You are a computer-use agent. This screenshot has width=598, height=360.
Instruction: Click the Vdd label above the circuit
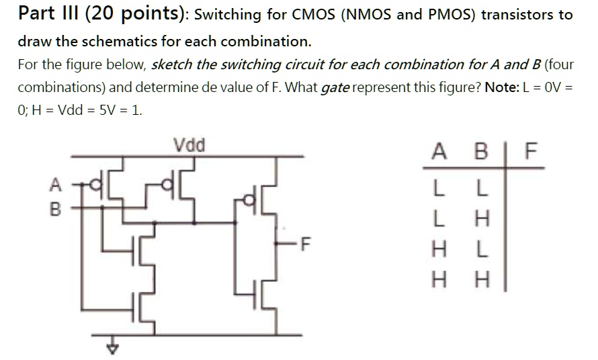click(189, 144)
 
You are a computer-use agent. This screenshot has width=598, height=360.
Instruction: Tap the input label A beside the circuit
click(56, 183)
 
